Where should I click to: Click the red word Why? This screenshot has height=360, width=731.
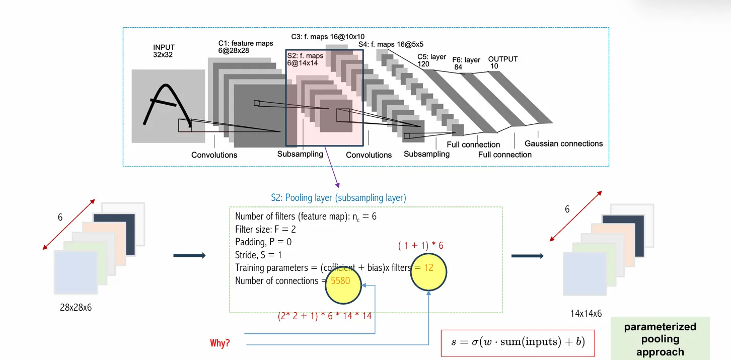(220, 343)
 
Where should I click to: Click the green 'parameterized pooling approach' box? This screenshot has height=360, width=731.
(660, 339)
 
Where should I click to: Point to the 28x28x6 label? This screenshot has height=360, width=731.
(76, 307)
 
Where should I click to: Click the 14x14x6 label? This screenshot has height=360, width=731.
(586, 313)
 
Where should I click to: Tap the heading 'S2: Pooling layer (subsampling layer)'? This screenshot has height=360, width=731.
(338, 198)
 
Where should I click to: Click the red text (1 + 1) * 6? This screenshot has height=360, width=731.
(420, 246)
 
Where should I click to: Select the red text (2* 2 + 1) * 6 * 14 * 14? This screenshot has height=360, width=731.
(325, 317)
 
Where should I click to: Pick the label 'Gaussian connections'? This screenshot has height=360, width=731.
(563, 143)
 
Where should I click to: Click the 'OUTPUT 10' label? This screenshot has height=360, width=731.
(502, 62)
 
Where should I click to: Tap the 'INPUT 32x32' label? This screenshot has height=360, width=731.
(164, 51)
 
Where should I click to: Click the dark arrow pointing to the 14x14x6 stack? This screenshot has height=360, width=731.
(527, 256)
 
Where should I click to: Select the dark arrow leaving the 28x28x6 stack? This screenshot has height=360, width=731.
(189, 256)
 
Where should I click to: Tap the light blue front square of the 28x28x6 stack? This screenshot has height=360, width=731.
(76, 272)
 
